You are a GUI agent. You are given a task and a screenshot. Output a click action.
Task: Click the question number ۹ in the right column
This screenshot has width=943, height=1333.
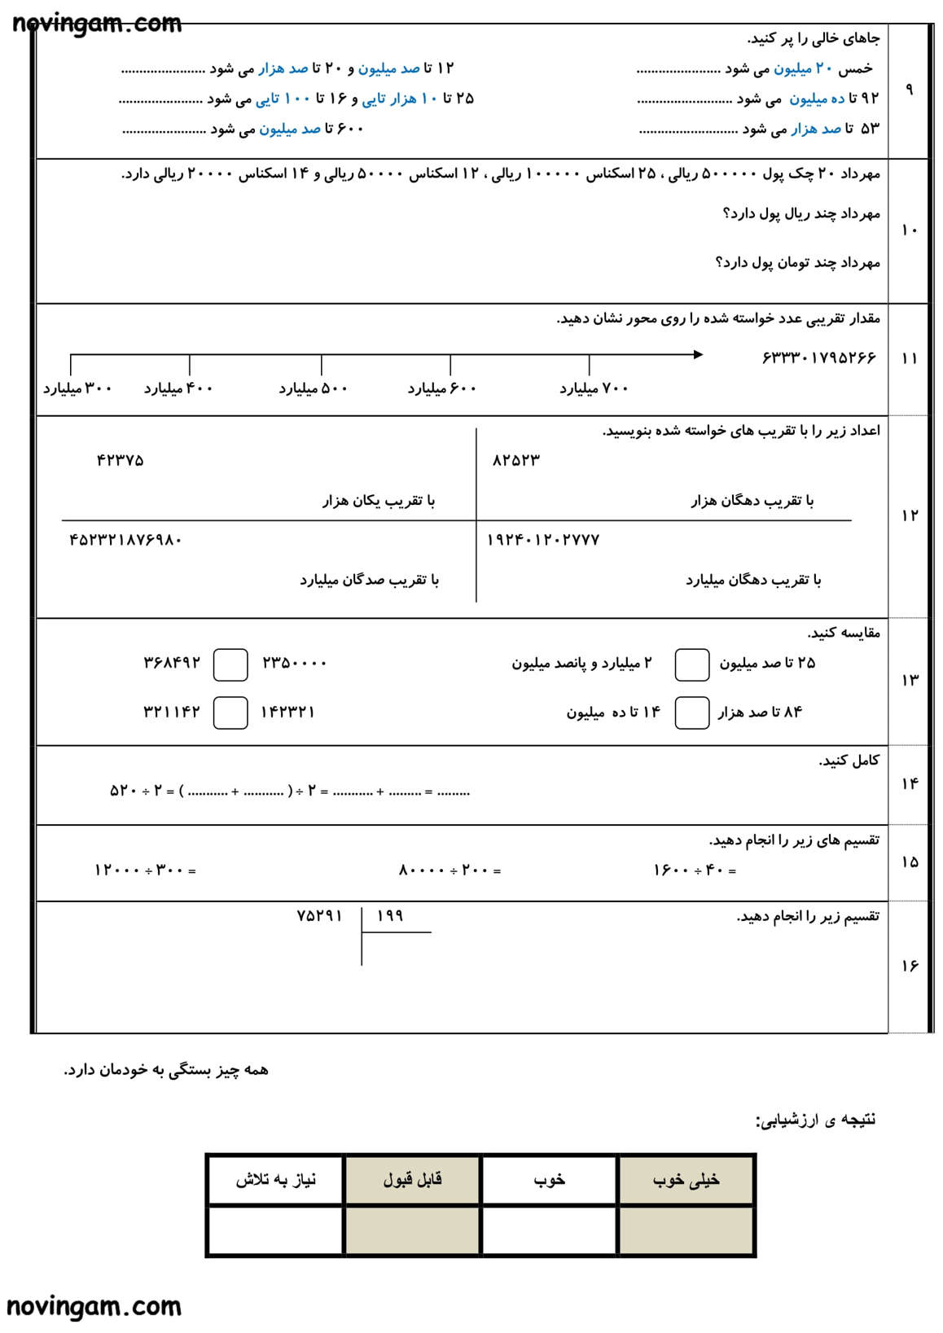tap(909, 89)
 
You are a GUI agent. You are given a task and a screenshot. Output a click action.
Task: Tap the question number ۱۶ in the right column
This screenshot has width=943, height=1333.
tap(910, 966)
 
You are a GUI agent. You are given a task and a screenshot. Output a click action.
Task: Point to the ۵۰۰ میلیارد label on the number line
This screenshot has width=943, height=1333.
tap(314, 388)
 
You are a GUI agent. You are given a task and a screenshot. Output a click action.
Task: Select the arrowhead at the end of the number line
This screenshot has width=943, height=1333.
tap(698, 354)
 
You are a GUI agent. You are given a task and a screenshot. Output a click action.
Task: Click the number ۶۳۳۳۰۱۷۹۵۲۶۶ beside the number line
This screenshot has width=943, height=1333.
tap(818, 357)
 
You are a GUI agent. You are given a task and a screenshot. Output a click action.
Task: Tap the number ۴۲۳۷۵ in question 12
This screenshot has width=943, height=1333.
tap(120, 460)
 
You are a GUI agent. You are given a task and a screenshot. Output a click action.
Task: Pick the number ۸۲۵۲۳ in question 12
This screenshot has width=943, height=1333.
tap(516, 460)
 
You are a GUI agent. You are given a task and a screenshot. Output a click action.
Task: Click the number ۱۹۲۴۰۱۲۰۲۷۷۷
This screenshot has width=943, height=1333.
tap(543, 539)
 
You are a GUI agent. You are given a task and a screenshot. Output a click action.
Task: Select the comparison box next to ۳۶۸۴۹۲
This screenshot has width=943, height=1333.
tap(230, 664)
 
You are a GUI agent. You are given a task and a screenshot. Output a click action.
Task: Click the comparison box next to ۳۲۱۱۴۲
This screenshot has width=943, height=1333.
tap(230, 713)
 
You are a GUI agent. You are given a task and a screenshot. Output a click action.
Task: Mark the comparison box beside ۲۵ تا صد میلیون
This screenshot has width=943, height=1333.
tap(691, 664)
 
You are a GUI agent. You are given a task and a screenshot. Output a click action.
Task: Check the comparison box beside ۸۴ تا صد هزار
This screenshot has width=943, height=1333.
tap(691, 713)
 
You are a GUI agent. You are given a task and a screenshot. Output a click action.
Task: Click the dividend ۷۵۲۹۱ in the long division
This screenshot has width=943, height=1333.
tap(319, 915)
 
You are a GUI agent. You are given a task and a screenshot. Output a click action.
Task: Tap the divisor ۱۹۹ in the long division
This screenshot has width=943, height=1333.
tap(391, 916)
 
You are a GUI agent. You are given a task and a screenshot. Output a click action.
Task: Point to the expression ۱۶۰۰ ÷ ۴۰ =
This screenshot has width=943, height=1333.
tap(695, 870)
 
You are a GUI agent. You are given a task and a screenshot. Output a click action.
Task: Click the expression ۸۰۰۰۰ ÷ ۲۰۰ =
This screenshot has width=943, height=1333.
tap(450, 870)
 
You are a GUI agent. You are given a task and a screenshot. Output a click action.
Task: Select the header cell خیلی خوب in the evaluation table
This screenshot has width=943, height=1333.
tap(686, 1179)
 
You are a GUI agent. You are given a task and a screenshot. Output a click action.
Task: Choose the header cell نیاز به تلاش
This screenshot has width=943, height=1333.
tap(275, 1179)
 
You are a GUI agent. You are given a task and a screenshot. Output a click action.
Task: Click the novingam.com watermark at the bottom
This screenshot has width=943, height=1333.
tap(94, 1307)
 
